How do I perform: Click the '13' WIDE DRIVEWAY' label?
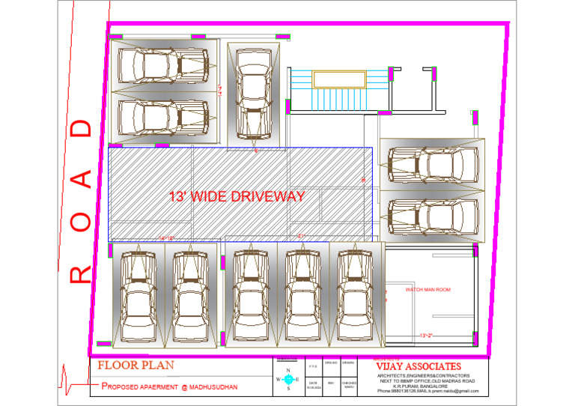tap(237, 197)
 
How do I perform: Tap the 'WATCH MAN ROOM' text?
tap(428, 289)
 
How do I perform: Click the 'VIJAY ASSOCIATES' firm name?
tap(419, 366)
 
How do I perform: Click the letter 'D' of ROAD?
tap(82, 128)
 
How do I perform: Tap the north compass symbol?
tap(287, 380)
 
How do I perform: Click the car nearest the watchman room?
tap(356, 294)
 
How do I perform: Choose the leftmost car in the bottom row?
tap(138, 294)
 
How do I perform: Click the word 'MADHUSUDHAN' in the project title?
tap(209, 387)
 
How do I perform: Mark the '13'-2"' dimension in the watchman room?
tap(428, 336)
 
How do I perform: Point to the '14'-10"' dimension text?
tap(166, 238)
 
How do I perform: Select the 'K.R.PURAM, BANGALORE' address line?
tap(427, 385)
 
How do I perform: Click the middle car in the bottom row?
tap(303, 294)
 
